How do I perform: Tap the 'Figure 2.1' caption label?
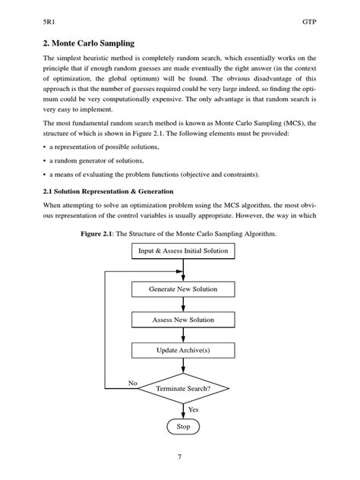coord(103,234)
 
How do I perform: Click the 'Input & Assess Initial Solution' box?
coord(183,250)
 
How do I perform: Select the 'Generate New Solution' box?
coord(183,289)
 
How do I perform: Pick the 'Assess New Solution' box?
coord(183,320)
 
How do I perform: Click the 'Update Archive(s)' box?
coord(183,350)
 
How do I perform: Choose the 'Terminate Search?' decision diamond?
coord(183,388)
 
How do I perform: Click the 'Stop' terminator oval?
coord(183,427)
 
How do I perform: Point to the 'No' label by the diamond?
coord(132,384)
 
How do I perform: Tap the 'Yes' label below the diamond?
coord(193,409)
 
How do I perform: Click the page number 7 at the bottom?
coord(179,457)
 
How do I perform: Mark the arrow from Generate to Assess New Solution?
coord(183,305)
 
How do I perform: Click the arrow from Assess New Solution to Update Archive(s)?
coord(183,335)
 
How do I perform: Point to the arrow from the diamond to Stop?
coord(183,410)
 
